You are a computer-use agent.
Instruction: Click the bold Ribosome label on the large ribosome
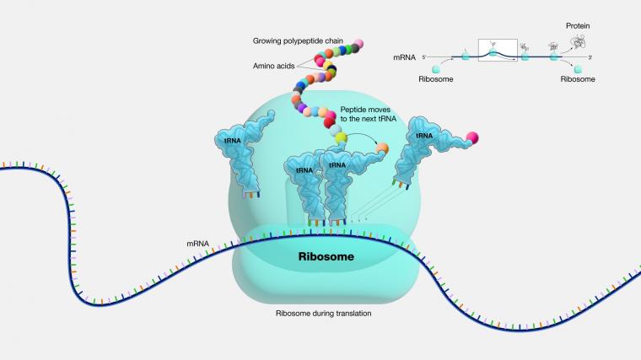(326, 256)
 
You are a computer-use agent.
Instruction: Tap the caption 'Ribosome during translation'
(323, 314)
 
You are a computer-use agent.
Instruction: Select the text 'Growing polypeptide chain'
(298, 40)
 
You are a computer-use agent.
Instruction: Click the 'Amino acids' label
(273, 66)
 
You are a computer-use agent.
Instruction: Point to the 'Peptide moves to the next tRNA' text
(368, 114)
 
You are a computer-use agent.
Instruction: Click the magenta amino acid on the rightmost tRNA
(472, 137)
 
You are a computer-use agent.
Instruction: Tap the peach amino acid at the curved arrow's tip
(382, 148)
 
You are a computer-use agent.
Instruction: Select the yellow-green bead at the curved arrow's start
(341, 138)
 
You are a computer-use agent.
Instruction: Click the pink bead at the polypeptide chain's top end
(358, 43)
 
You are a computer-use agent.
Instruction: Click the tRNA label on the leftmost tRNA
(233, 141)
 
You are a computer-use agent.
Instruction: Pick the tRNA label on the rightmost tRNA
(424, 136)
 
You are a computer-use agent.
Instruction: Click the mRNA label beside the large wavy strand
(198, 244)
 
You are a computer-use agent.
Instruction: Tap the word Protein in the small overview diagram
(578, 26)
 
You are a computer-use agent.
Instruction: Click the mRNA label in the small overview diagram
(404, 57)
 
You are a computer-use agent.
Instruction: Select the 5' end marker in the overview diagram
(424, 57)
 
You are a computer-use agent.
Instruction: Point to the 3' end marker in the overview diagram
(590, 57)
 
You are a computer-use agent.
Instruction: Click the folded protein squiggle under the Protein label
(578, 42)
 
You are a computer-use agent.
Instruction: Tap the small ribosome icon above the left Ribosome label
(436, 67)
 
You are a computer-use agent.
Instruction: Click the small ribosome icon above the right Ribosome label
(578, 68)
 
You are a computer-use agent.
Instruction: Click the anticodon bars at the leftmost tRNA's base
(251, 195)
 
